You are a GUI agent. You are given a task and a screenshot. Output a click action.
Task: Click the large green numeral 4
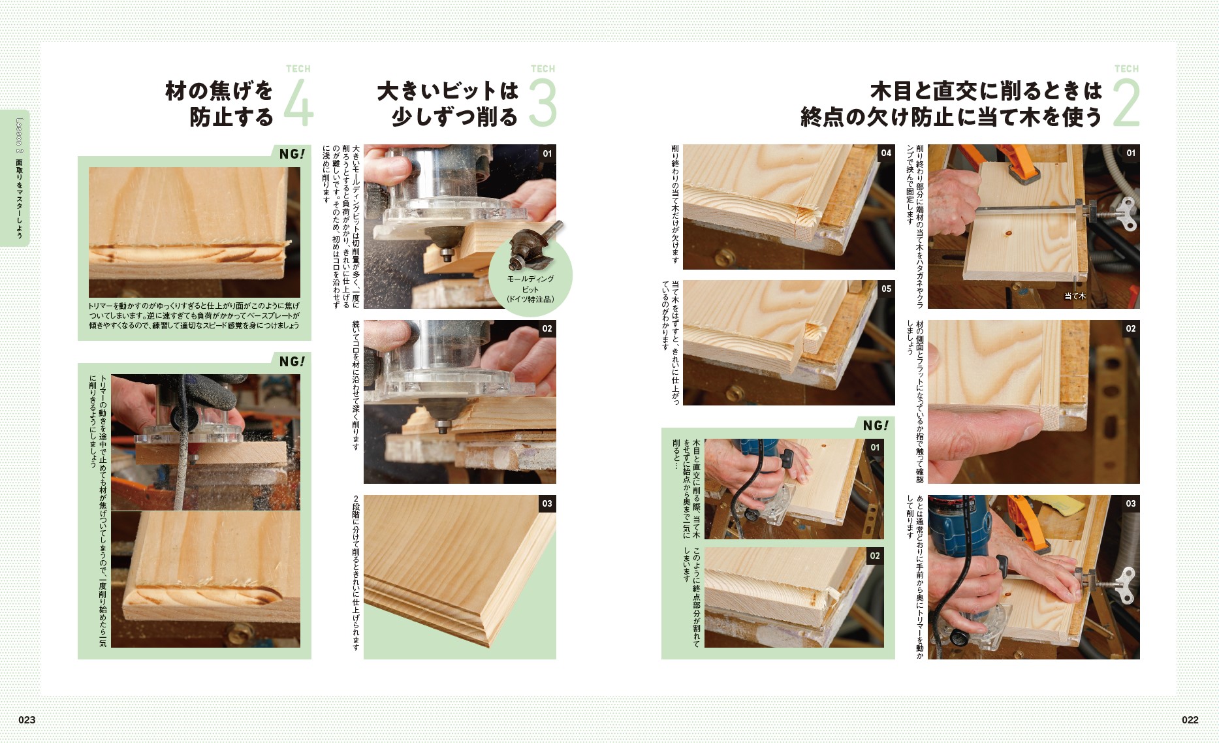tap(299, 103)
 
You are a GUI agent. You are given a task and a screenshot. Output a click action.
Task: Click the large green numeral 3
tap(543, 103)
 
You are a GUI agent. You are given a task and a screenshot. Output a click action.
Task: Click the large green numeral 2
tap(1126, 103)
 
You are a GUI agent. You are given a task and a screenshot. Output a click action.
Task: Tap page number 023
tap(27, 719)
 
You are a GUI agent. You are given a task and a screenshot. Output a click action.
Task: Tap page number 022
tap(1190, 719)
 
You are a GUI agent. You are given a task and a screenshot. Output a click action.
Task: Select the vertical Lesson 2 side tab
tap(20, 178)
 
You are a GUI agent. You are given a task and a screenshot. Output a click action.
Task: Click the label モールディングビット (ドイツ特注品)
tap(530, 289)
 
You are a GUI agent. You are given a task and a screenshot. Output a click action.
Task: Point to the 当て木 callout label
tap(1075, 296)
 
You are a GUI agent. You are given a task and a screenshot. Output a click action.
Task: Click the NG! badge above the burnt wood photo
tap(291, 154)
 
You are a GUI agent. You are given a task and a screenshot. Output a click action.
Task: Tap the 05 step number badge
tap(886, 289)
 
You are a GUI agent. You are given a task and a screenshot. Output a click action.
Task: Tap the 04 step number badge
tap(886, 153)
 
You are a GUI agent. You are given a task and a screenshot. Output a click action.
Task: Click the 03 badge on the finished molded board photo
tap(547, 503)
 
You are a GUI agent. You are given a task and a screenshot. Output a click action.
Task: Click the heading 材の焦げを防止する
tap(219, 103)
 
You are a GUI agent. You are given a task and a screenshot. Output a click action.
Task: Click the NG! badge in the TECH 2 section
tap(876, 426)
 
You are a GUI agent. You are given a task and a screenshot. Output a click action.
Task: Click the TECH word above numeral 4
tap(298, 69)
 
